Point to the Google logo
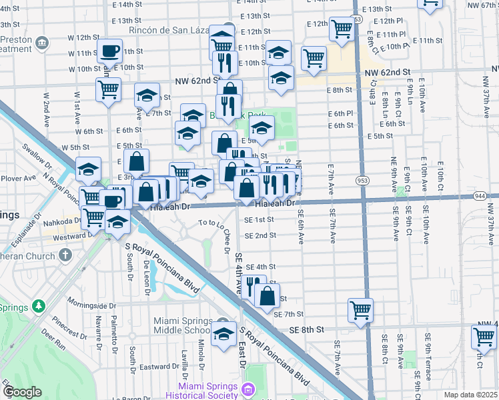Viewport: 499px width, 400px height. (22, 392)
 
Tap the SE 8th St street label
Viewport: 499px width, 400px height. (306, 329)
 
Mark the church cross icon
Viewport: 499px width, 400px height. (65, 255)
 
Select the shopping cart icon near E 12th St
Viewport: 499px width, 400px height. (342, 29)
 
